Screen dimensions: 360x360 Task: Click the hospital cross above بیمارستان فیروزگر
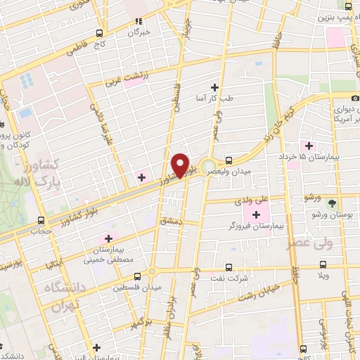click(255, 213)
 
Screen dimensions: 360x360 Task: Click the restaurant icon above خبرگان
click(139, 22)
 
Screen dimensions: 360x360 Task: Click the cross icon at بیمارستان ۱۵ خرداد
click(309, 146)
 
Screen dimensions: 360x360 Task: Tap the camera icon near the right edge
click(355, 98)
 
